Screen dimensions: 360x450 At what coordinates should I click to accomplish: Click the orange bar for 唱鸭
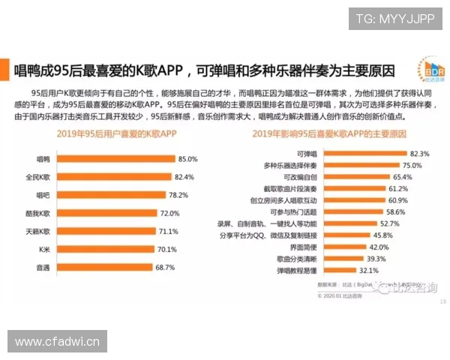click(116, 159)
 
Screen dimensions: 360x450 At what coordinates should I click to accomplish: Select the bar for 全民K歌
click(115, 177)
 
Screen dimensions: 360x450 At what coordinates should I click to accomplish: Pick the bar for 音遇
click(106, 267)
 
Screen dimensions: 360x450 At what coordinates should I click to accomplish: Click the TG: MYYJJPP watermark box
click(394, 19)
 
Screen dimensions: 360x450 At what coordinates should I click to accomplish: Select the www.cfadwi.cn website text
click(57, 342)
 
